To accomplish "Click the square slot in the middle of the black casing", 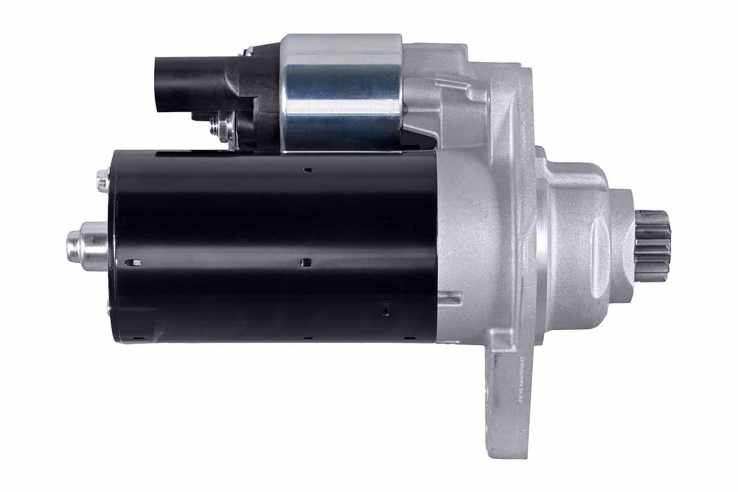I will [307, 261].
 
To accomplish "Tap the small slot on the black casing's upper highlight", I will [308, 170].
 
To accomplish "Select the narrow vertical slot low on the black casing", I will [386, 310].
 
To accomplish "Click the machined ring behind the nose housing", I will [541, 236].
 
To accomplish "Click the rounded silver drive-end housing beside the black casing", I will [467, 236].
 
